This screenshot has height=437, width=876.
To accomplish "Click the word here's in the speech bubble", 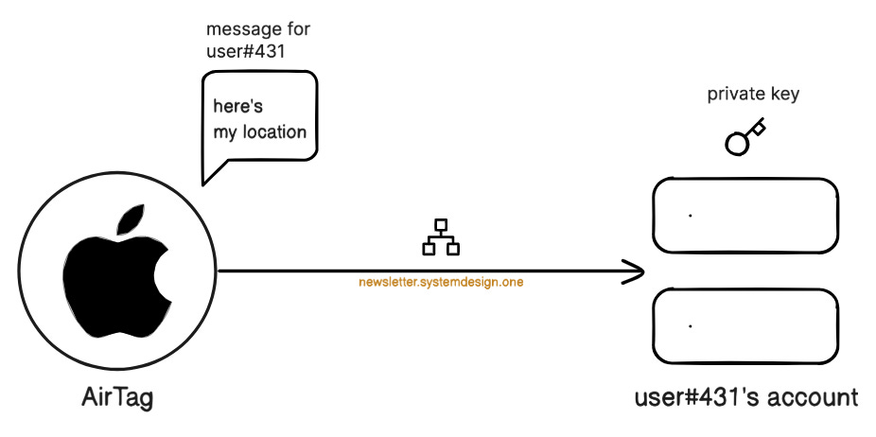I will [237, 107].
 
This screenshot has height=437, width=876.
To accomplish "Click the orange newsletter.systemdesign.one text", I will [441, 281].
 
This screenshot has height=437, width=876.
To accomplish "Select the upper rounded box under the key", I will [745, 216].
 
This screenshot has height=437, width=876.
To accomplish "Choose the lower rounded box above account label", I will [745, 325].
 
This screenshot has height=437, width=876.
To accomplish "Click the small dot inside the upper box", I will [691, 216].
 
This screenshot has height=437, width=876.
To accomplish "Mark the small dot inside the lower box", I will [691, 325].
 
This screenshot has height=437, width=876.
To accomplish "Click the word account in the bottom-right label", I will [811, 397].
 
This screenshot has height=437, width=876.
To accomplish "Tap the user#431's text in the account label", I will [694, 397].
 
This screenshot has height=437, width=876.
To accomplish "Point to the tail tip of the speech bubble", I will [201, 182].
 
